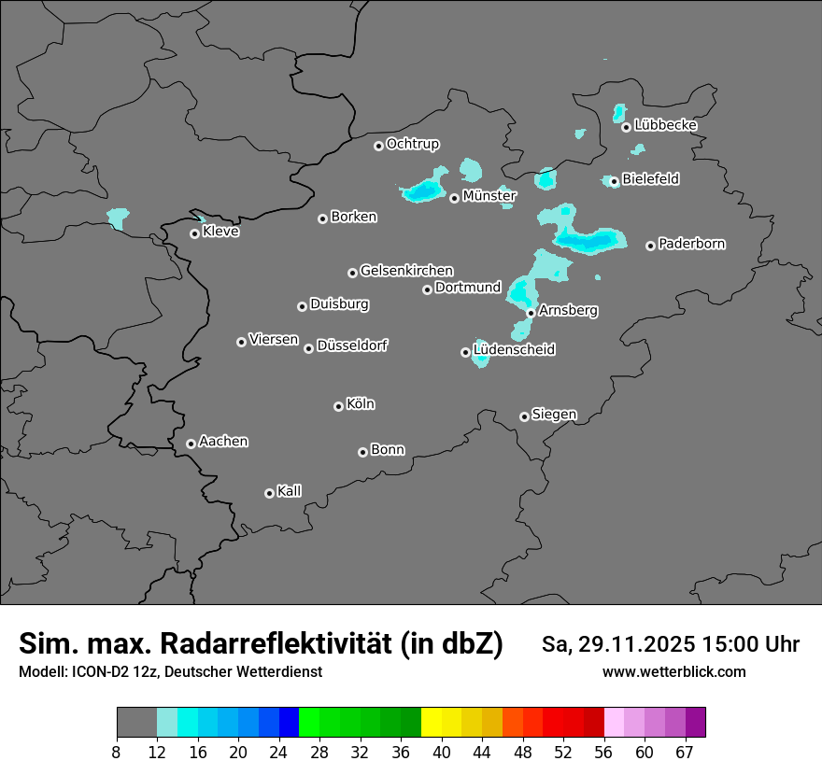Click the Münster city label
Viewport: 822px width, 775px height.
click(x=489, y=196)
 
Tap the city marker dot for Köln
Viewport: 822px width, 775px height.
click(x=338, y=406)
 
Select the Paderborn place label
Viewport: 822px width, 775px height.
click(x=691, y=244)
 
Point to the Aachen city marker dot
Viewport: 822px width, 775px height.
click(x=191, y=444)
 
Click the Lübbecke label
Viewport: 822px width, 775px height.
click(x=665, y=125)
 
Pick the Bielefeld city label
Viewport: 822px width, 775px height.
click(x=650, y=178)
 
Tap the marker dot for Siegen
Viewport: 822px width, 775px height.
click(x=524, y=416)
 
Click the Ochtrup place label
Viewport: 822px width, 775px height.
click(x=412, y=144)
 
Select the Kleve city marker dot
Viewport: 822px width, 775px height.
click(x=194, y=233)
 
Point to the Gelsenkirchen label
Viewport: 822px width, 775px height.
click(x=406, y=271)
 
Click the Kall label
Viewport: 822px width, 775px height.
click(x=289, y=491)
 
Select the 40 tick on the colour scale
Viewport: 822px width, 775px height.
click(x=442, y=752)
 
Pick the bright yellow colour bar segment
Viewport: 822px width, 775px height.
click(x=432, y=723)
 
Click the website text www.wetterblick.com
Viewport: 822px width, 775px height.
click(x=673, y=672)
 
